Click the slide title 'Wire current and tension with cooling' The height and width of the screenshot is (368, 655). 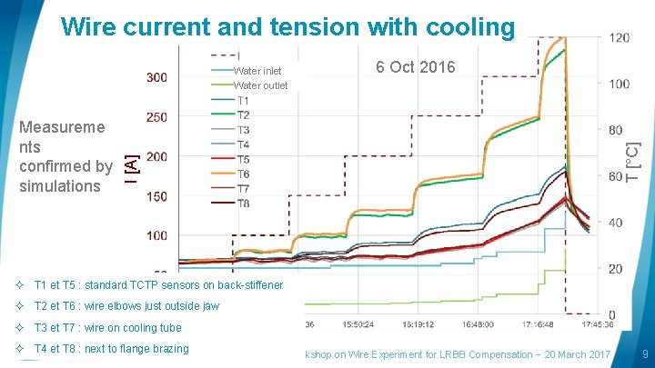coord(287,27)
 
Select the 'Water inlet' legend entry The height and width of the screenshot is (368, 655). coord(257,71)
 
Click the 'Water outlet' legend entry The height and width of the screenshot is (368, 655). coord(260,85)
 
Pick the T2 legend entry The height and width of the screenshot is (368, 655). coord(243,115)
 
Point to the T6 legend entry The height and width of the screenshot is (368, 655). coord(243,174)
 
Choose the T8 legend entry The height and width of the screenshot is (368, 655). coord(243,204)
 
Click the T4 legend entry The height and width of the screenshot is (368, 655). coord(243,144)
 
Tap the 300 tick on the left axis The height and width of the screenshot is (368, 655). coord(156,77)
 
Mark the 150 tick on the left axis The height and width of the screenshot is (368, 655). coord(156,196)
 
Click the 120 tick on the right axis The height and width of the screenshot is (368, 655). coord(619,38)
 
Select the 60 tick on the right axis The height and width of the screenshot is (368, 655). coord(616,176)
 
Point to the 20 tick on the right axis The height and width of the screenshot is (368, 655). coord(616,269)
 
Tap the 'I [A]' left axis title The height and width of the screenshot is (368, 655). coord(132,164)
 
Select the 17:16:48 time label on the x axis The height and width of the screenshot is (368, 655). coord(529,324)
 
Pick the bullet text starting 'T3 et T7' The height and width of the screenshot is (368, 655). coord(107,328)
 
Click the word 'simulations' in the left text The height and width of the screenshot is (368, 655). coord(60,185)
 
